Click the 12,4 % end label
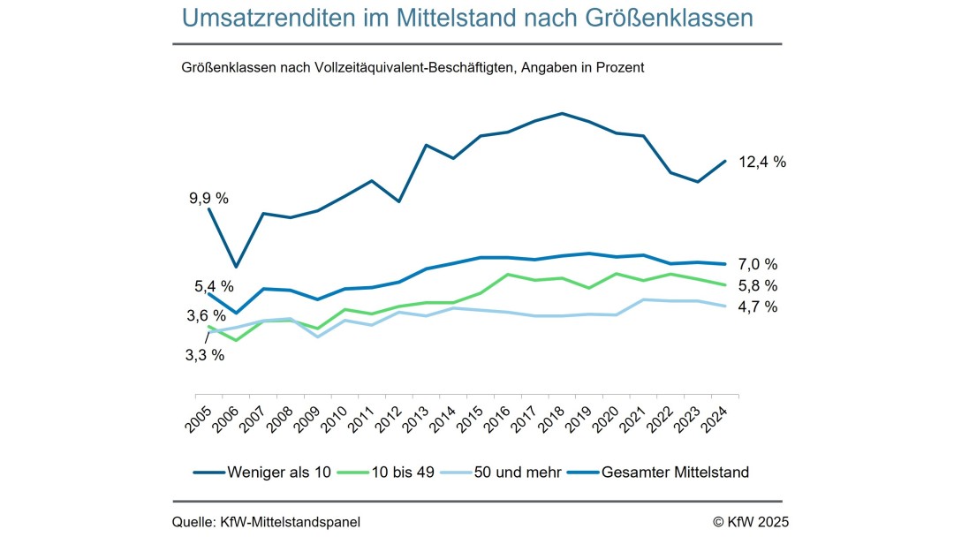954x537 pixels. [x=761, y=162]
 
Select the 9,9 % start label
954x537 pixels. [x=208, y=198]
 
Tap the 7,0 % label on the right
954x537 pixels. [x=758, y=264]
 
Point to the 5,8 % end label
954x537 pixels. [x=758, y=285]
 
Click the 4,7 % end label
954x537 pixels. [x=758, y=306]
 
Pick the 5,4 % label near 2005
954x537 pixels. [x=214, y=286]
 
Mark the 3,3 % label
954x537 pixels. [x=205, y=355]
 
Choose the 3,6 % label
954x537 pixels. [x=207, y=315]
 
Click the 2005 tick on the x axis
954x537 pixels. [x=199, y=416]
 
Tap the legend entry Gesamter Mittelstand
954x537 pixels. [x=675, y=473]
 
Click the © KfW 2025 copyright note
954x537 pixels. [x=751, y=522]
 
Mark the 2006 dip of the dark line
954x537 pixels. [x=236, y=267]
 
